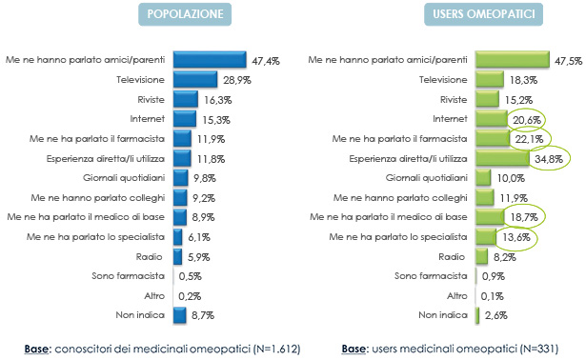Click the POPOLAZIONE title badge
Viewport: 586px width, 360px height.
point(185,14)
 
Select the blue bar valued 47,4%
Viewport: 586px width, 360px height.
point(211,60)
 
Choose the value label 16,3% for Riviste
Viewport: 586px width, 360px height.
point(213,99)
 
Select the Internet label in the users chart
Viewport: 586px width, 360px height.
point(451,119)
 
